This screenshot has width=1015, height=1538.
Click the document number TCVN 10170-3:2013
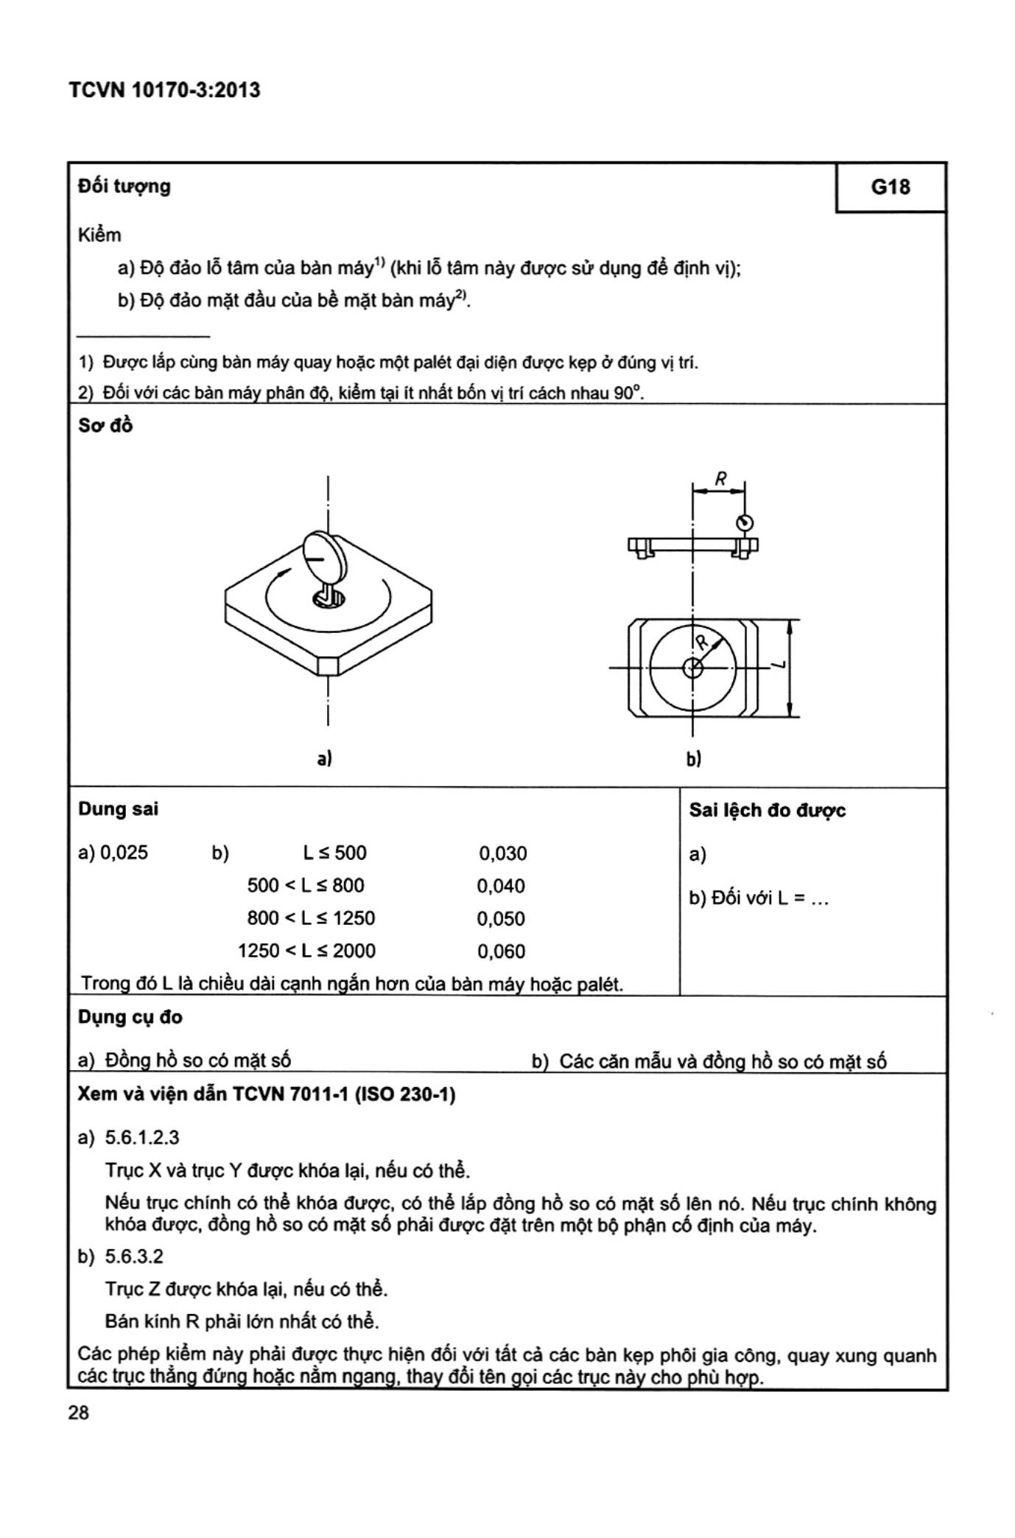(x=164, y=91)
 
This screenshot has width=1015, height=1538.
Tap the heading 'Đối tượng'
(x=124, y=186)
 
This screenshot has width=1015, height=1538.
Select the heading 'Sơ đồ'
(x=105, y=426)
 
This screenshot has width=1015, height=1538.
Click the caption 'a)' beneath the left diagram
(x=324, y=758)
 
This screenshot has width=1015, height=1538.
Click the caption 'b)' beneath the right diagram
(x=693, y=758)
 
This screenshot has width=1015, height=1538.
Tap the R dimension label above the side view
(x=720, y=479)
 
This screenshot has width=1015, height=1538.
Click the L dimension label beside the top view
(x=779, y=665)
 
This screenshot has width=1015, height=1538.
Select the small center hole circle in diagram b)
(x=692, y=668)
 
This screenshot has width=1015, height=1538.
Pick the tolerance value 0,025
(x=124, y=853)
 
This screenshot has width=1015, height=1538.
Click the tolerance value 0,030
(x=502, y=853)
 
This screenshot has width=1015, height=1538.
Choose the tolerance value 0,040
(x=501, y=886)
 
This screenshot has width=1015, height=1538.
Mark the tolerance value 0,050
(x=501, y=919)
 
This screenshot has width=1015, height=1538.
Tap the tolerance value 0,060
(x=501, y=951)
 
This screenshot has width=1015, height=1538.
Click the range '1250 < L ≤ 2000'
(x=306, y=951)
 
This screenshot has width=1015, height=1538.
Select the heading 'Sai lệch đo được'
(x=767, y=811)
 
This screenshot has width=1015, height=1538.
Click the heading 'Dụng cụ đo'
(x=130, y=1017)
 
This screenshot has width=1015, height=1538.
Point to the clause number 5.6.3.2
(x=134, y=1256)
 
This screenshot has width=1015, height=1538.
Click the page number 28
(x=78, y=1413)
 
